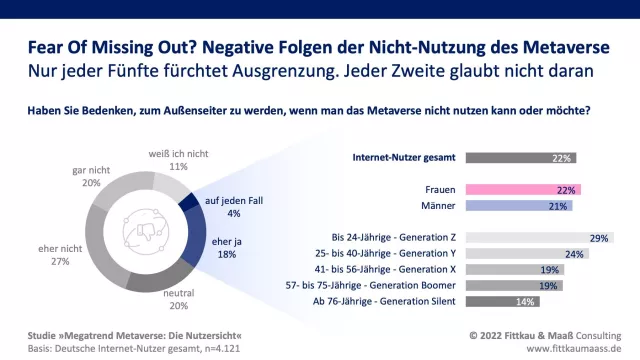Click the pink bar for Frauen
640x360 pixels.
coord(523,190)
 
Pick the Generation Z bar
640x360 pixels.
coord(540,238)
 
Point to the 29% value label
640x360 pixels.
coord(599,238)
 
